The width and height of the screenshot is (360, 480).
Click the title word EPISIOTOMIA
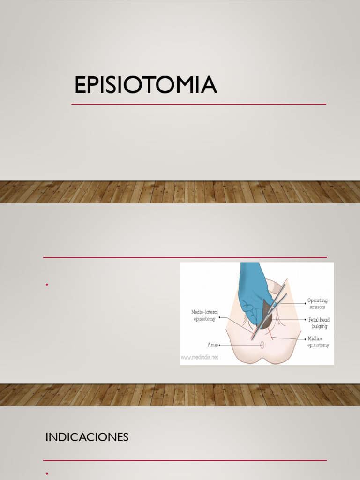coord(145,85)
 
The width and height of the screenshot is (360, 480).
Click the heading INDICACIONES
coord(87,437)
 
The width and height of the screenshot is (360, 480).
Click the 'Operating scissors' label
coord(317,303)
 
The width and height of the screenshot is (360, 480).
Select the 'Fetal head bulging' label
coord(318,322)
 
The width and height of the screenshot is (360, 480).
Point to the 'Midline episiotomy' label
coord(318,342)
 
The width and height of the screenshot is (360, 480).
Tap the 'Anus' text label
coord(212,345)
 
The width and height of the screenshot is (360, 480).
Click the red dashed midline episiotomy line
coord(270,334)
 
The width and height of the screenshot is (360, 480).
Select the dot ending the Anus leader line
coord(220,345)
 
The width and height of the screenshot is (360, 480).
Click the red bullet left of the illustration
coord(47,285)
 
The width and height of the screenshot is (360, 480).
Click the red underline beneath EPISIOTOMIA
coord(199,104)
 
